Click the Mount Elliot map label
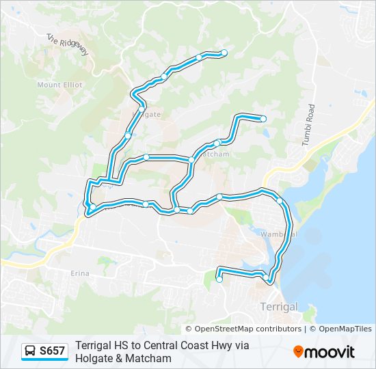[59, 85]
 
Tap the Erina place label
[80, 273]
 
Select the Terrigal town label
[279, 307]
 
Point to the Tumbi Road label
[308, 124]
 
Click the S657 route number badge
[52, 351]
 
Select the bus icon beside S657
[30, 351]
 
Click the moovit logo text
[330, 352]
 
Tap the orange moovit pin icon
[298, 352]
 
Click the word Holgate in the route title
[94, 357]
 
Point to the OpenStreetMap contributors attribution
[248, 329]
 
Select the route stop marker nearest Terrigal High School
[219, 279]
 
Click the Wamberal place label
[279, 234]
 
